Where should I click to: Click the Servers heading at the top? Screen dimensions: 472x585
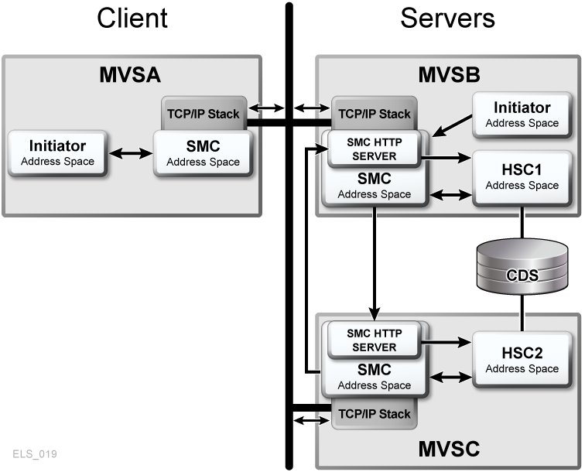click(447, 18)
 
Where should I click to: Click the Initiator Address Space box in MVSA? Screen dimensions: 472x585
click(57, 152)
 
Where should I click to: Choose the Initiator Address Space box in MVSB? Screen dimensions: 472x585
click(522, 114)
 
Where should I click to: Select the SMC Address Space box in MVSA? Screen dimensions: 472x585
click(203, 152)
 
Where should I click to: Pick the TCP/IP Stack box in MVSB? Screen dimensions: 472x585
click(373, 114)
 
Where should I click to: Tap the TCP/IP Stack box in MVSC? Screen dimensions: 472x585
click(373, 413)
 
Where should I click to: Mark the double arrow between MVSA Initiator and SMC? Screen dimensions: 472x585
click(130, 153)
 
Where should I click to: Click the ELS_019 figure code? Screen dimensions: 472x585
click(35, 453)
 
